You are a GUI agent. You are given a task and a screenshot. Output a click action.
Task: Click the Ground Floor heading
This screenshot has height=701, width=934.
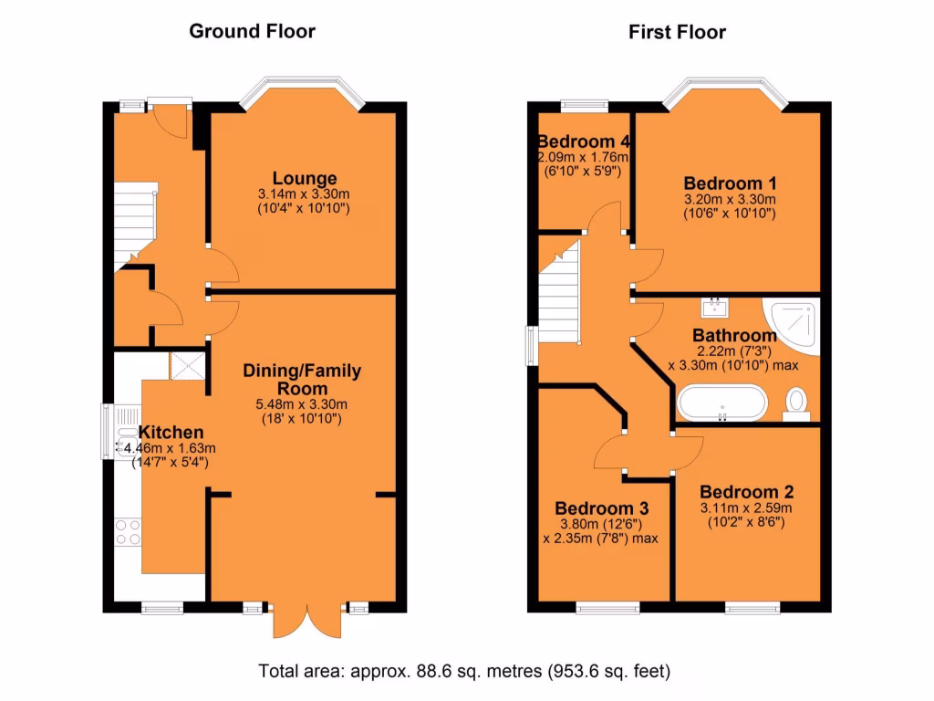click(x=252, y=32)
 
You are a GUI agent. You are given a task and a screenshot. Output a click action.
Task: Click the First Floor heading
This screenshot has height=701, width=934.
click(x=677, y=33)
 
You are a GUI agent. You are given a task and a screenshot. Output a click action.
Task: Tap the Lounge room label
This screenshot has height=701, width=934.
click(x=304, y=178)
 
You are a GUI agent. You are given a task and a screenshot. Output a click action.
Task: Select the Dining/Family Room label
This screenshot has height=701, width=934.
click(x=301, y=380)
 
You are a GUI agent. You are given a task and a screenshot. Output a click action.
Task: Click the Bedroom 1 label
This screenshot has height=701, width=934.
click(x=729, y=181)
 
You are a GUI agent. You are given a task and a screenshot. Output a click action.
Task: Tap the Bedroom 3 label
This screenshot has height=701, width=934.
click(x=601, y=507)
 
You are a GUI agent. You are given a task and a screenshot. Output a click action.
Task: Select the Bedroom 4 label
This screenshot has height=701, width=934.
click(x=584, y=141)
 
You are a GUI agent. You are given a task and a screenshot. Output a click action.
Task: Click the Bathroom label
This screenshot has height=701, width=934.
click(x=734, y=335)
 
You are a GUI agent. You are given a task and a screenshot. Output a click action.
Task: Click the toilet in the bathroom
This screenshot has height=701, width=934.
click(x=797, y=403)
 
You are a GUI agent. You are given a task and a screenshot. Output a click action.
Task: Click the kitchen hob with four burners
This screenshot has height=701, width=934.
click(x=127, y=531)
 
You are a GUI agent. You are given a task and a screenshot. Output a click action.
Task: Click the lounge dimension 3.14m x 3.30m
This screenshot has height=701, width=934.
click(x=304, y=194)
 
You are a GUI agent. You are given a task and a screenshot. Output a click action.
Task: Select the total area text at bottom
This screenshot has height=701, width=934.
click(x=465, y=672)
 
